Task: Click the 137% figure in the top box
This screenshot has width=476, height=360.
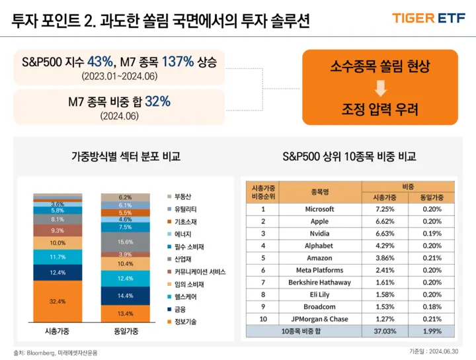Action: tap(176, 62)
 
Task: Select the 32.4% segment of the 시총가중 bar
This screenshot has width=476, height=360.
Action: tap(57, 301)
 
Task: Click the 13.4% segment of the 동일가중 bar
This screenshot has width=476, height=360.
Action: tap(125, 313)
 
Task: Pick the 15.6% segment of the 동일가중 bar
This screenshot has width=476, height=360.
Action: tap(125, 242)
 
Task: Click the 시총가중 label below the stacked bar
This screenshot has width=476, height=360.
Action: tap(58, 330)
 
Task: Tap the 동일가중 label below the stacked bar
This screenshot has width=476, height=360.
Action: tap(126, 330)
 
